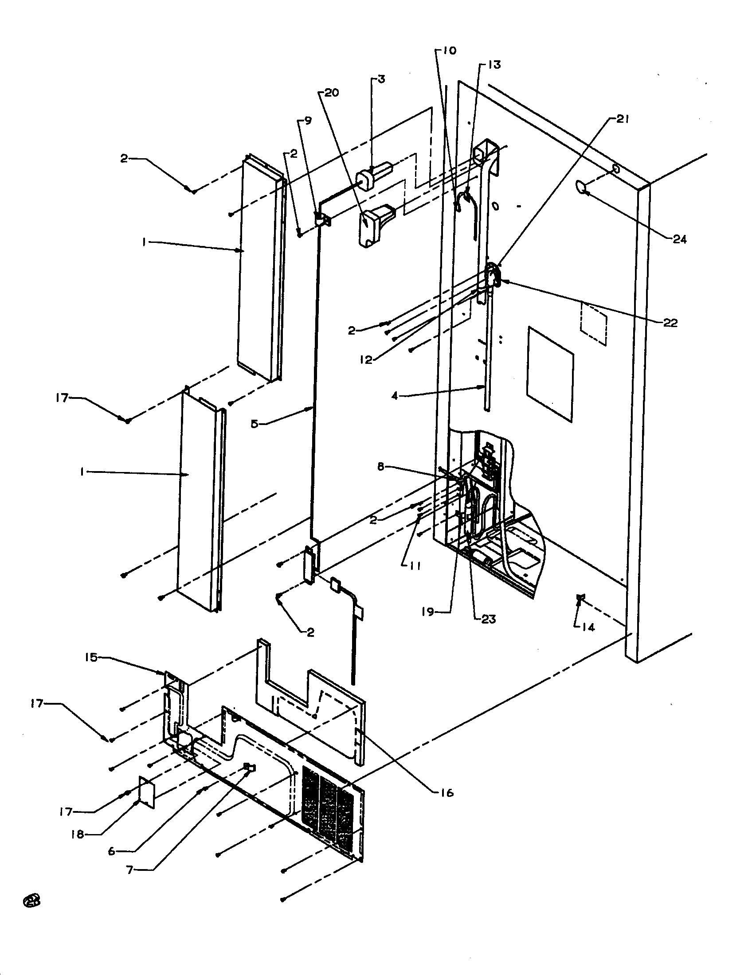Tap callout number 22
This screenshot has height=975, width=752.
click(x=670, y=323)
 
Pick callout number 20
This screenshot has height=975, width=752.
click(x=332, y=93)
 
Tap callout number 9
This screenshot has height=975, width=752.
click(x=308, y=121)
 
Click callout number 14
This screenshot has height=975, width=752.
click(x=588, y=627)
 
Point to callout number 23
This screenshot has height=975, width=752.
click(x=488, y=619)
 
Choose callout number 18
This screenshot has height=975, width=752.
click(x=78, y=834)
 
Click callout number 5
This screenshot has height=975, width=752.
click(x=254, y=424)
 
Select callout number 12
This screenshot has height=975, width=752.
click(x=366, y=360)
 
